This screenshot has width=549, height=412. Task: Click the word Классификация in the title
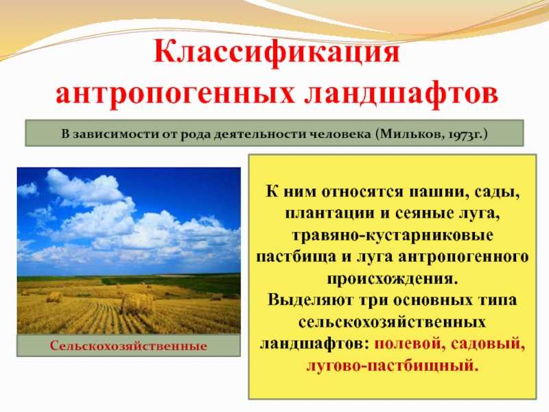tap(274, 53)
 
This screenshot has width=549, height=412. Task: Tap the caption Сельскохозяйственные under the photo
tap(128, 345)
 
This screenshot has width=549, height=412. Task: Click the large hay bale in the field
tap(137, 304)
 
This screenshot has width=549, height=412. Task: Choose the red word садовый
tap(489, 341)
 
